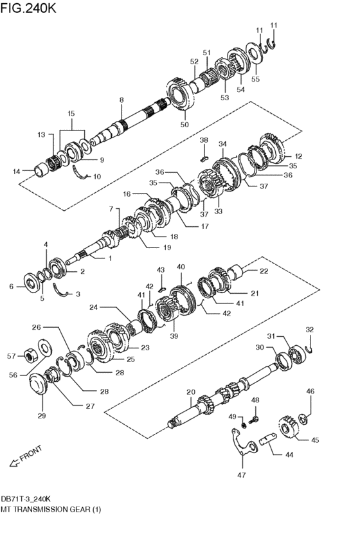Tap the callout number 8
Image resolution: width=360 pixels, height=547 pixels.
120,100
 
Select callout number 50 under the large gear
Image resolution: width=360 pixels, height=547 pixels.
185,125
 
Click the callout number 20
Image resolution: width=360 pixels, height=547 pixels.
190,391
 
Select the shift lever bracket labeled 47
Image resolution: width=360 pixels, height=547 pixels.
242,446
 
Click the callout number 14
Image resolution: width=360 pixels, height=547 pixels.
17,171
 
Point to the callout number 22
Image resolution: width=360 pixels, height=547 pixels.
264,271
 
